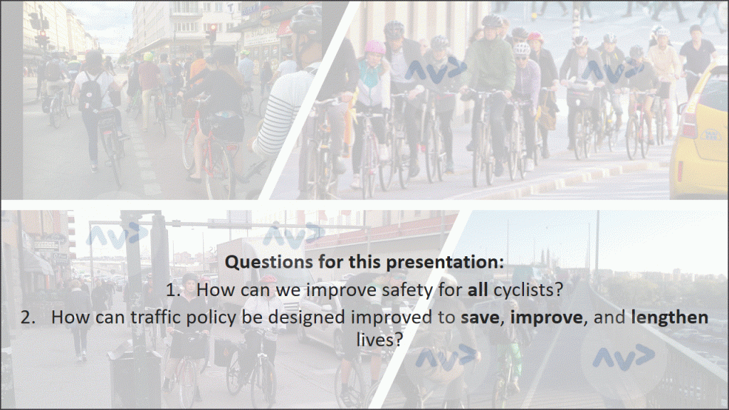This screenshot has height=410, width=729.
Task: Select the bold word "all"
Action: [478, 290]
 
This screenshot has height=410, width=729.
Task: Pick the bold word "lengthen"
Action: [669, 317]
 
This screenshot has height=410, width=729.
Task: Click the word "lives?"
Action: [379, 340]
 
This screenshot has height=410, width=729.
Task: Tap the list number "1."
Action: [174, 290]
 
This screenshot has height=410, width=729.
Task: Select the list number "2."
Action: [28, 317]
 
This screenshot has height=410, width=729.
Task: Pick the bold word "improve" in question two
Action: [546, 317]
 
